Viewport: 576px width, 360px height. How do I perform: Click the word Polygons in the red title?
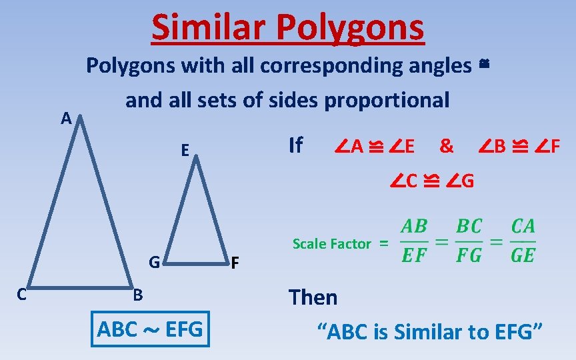[349, 27]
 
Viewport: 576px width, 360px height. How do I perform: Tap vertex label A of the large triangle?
[65, 119]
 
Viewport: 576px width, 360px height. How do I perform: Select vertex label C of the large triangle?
[21, 295]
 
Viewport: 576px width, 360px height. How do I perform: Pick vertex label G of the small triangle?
[154, 262]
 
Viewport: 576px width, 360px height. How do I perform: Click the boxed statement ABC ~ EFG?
[150, 329]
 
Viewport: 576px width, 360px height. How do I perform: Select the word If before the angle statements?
[295, 145]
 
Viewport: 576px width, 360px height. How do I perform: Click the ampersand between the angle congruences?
[447, 146]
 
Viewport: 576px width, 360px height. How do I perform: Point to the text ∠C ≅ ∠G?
[433, 180]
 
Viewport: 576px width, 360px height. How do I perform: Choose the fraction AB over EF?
[414, 241]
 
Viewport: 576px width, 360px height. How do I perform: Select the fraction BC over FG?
[469, 241]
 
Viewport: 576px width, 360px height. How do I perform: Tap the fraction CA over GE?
[523, 241]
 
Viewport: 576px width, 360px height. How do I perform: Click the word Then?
[313, 297]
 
